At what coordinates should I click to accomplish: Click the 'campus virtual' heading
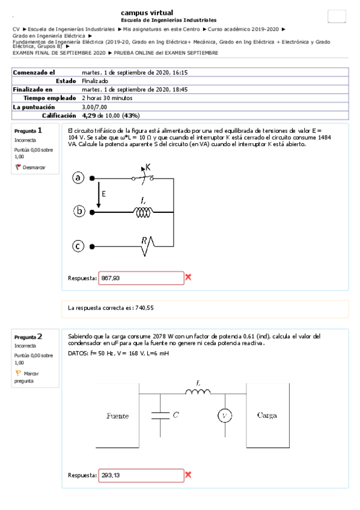[x=147, y=12]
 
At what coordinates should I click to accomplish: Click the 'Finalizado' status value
[x=95, y=81]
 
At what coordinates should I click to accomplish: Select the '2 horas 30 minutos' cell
[x=107, y=98]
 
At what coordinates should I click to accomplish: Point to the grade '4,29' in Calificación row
[x=89, y=115]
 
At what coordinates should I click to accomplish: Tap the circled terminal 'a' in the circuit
[x=78, y=178]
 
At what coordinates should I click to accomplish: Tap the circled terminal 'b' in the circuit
[x=78, y=211]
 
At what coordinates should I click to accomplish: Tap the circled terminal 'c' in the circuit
[x=78, y=245]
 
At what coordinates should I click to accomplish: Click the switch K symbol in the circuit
[x=143, y=176]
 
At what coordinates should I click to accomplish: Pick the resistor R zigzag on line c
[x=147, y=244]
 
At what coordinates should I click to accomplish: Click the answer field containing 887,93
[x=141, y=278]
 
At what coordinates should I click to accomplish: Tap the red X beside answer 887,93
[x=188, y=277]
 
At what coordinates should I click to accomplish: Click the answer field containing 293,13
[x=141, y=475]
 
